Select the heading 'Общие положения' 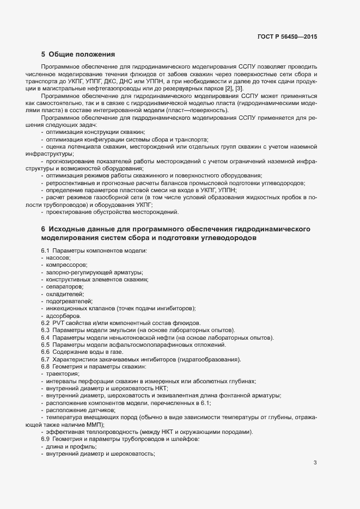pos(82,54)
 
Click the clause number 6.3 pos(45,330)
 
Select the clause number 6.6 pos(45,352)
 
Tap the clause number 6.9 pos(45,439)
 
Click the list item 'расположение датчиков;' pos(77,410)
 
